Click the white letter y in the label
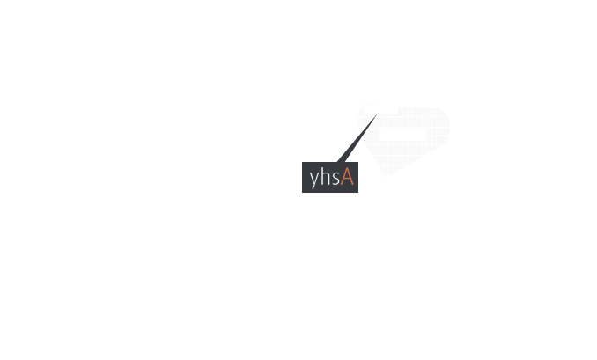point(314,180)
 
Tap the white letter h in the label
point(324,177)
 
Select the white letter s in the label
point(335,179)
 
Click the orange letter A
point(347,177)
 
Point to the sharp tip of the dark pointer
point(378,114)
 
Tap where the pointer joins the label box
point(341,162)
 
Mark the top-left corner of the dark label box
point(302,163)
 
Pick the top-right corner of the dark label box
point(357,163)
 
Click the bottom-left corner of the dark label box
point(302,192)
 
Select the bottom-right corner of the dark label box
point(357,192)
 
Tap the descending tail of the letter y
point(313,187)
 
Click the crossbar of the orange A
point(347,180)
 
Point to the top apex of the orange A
point(347,169)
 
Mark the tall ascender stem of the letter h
point(321,177)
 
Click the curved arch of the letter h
point(326,173)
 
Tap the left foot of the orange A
point(341,185)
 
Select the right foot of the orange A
point(352,185)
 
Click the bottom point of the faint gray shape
point(386,176)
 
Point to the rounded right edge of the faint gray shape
point(449,125)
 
